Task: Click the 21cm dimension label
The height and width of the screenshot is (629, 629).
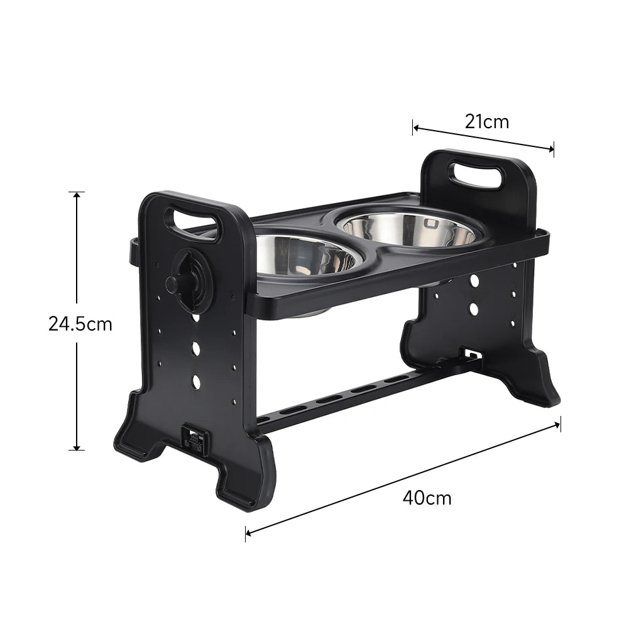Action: coord(487,121)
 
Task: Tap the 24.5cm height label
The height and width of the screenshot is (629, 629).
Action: coord(80,324)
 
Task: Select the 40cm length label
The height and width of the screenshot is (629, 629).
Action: coord(427,498)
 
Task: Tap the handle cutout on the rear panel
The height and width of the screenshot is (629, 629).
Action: coord(476,175)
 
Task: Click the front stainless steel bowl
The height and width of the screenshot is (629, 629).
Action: coord(304,255)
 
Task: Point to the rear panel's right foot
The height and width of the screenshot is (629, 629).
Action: coord(540,390)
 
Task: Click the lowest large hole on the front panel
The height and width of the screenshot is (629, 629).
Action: coord(196,381)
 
